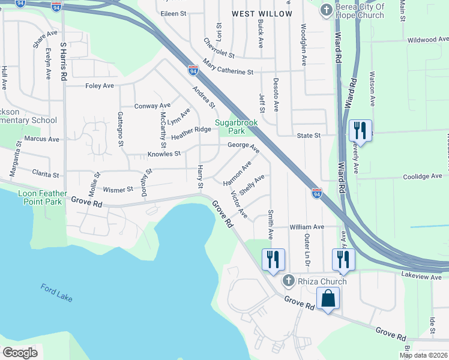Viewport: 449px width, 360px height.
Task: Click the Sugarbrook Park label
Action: (x=237, y=127)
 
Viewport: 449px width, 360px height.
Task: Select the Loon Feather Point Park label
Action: (x=40, y=198)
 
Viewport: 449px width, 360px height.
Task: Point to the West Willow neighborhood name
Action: (x=262, y=13)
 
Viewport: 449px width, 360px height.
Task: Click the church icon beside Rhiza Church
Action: (x=288, y=281)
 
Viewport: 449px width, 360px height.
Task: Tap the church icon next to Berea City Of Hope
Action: (x=326, y=10)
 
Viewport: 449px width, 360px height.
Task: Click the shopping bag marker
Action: (x=328, y=298)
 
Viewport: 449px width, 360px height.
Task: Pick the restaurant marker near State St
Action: (x=360, y=129)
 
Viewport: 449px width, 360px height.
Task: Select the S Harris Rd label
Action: (x=63, y=62)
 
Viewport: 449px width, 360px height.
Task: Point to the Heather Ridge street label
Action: (x=191, y=133)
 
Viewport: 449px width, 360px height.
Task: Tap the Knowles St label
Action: (x=164, y=154)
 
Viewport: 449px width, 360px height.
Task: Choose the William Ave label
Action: (x=307, y=227)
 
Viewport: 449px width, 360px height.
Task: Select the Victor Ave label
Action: (x=239, y=204)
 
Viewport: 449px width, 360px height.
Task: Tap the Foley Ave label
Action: (x=100, y=86)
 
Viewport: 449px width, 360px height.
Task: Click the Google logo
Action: (x=20, y=352)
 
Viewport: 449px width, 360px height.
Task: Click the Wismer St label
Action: (x=118, y=190)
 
